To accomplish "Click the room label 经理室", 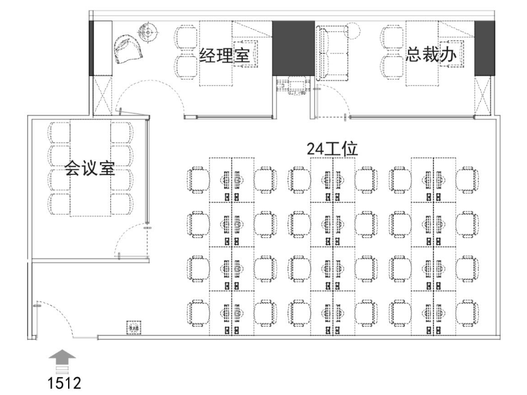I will click(x=224, y=55).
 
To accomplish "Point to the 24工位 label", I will click(x=332, y=149).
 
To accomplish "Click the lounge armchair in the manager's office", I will click(x=128, y=47).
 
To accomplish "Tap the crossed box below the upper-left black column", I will click(x=102, y=95).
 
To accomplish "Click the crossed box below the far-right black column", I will click(x=483, y=95).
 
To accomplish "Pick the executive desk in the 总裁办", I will click(x=420, y=53).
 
